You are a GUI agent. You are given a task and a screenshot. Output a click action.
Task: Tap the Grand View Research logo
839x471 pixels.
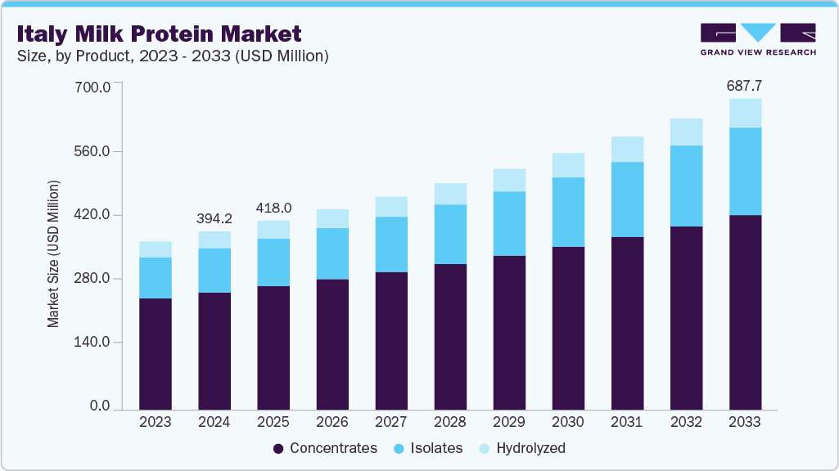coord(757,38)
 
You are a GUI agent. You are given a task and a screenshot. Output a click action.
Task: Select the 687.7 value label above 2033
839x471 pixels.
coord(745,85)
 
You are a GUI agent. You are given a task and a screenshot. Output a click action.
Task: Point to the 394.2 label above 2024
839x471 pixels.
coord(214,218)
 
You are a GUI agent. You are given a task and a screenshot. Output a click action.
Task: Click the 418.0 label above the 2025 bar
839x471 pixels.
coord(273,208)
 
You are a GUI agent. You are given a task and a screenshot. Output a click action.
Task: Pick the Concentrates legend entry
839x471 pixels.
coord(325,448)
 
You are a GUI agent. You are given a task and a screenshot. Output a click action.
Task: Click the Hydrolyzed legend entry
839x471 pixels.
coord(522,448)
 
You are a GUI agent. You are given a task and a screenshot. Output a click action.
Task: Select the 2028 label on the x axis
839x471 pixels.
coord(450,423)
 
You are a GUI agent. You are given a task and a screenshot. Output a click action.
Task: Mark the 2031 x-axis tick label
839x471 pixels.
coord(627,423)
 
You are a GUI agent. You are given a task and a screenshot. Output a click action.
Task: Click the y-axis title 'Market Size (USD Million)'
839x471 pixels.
coord(53,253)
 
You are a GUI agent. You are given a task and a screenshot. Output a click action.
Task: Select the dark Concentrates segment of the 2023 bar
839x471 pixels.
coord(156,353)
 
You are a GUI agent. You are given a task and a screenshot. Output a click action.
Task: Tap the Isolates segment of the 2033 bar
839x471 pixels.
coord(745,171)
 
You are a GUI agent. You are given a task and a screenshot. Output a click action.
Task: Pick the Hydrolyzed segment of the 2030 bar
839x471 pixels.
coord(568,165)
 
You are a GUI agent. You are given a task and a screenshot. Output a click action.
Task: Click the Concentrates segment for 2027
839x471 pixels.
coord(391,340)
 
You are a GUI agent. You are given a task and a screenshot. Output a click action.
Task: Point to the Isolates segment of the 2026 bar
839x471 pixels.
coord(332,253)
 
